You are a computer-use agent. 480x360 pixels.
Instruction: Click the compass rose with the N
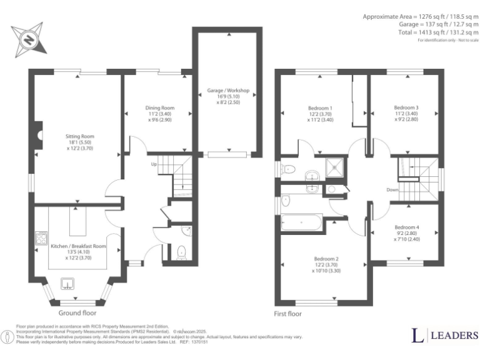point(29,39)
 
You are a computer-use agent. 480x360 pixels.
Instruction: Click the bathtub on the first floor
point(301,222)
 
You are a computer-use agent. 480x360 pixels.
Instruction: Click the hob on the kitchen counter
point(42,238)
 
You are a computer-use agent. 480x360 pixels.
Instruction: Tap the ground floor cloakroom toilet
point(182,252)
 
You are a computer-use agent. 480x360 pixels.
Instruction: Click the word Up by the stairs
point(154,164)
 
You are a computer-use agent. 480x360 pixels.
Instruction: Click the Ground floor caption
point(77,312)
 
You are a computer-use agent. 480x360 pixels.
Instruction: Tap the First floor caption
point(288,314)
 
